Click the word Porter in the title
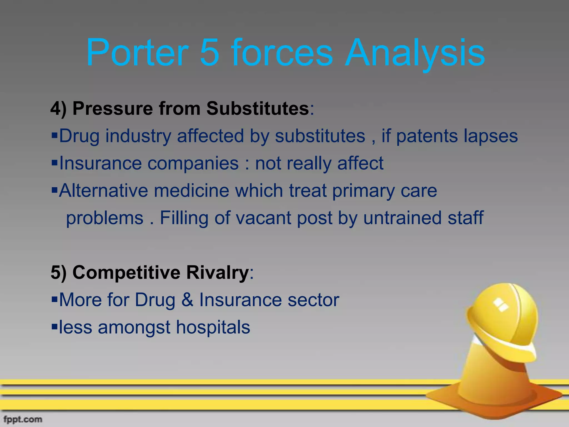pos(138,53)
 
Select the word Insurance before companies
pos(100,163)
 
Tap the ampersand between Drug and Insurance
pos(187,300)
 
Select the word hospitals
pos(213,327)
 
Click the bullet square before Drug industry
pos(54,136)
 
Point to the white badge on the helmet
pos(500,305)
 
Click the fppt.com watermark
pos(23,419)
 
